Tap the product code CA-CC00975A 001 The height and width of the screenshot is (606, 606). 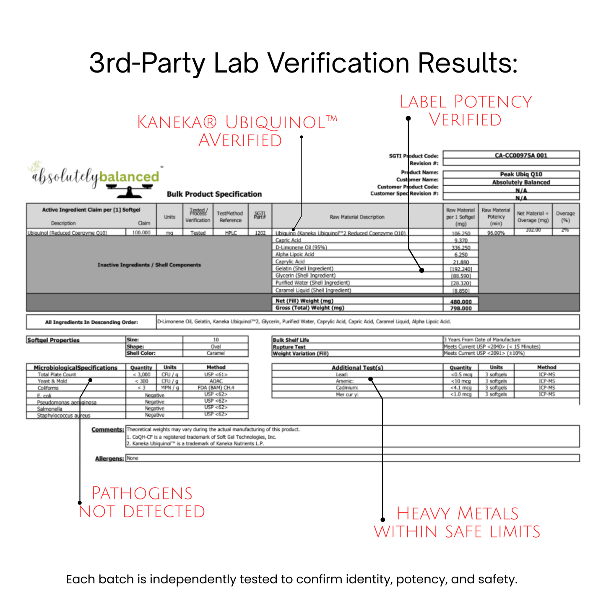(521, 155)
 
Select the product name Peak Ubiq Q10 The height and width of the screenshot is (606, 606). (521, 174)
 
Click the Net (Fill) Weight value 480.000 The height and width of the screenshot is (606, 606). (461, 302)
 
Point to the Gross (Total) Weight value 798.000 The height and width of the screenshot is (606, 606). (461, 308)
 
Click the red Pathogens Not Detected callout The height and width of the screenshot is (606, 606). (142, 502)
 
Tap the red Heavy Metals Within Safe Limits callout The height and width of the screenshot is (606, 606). (457, 523)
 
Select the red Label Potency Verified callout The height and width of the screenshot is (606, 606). (466, 111)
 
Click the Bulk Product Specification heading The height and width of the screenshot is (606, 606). (214, 194)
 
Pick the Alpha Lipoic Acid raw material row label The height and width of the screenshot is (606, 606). (295, 255)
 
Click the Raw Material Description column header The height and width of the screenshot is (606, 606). (357, 217)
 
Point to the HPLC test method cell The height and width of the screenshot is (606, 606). (230, 233)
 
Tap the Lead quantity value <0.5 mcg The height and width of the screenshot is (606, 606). (461, 375)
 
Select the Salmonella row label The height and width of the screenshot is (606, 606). (49, 409)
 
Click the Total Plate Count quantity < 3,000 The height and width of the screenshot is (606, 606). (141, 375)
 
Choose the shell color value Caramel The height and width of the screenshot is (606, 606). (216, 353)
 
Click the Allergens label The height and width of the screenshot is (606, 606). (109, 459)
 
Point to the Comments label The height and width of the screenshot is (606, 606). (108, 429)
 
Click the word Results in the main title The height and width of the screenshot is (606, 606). (467, 63)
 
